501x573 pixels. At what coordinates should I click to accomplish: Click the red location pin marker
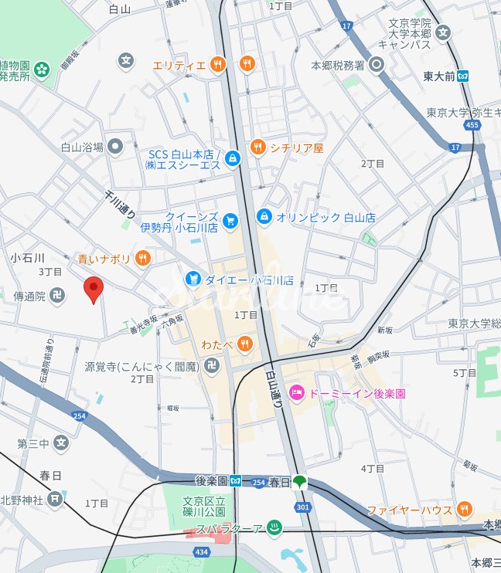pos(93,290)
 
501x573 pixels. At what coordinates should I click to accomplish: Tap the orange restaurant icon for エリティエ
pos(218,65)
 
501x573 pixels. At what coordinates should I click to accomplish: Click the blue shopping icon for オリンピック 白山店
pos(264,217)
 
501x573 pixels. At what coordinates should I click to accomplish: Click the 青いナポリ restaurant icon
pos(142,259)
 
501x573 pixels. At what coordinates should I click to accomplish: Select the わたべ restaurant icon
pos(244,343)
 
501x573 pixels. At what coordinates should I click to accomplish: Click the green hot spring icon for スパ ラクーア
pos(273,528)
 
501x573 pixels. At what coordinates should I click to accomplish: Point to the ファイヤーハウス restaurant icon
pos(464,509)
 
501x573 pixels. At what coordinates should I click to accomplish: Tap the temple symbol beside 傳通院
pos(57,296)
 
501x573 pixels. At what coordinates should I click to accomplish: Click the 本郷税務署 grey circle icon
pos(377,66)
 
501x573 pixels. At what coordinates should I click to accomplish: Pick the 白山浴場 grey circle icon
pos(115,146)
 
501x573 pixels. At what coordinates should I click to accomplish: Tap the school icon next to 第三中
pos(61,443)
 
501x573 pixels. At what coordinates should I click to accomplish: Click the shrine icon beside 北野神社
pos(54,500)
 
